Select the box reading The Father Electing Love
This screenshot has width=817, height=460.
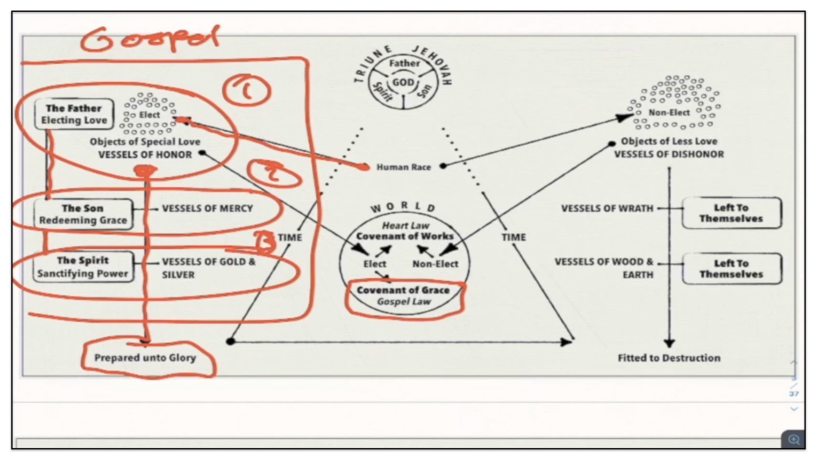(74, 114)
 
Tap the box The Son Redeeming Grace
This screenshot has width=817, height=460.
(83, 214)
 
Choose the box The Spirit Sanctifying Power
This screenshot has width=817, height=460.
(83, 267)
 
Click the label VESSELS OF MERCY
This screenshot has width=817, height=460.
(207, 208)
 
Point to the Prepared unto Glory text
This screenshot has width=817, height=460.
(145, 358)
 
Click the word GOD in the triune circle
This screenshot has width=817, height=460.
(403, 82)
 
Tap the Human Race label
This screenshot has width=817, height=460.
(403, 167)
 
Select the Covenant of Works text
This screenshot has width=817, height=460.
(405, 236)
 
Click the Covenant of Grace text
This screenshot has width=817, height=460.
(403, 290)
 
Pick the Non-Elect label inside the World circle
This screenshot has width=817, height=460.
(435, 264)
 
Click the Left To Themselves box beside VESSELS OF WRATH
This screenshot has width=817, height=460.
(731, 213)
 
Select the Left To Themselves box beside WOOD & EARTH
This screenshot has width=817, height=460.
(731, 269)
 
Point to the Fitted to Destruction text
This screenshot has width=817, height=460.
(669, 358)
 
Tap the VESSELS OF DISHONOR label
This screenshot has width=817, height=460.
(668, 154)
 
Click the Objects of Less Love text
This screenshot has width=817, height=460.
(668, 141)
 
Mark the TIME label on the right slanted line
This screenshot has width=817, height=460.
(513, 237)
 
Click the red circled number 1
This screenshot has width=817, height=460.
(246, 90)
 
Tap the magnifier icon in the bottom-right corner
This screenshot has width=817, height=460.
(793, 439)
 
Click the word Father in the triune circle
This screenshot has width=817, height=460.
(404, 63)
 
